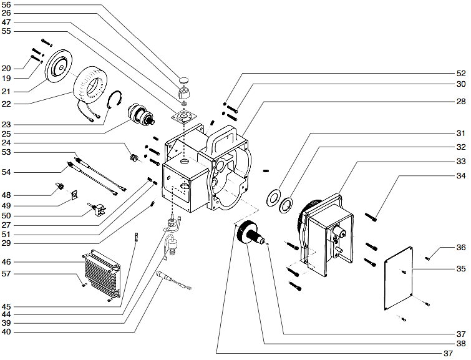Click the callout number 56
[7, 6]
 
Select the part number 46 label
[7, 261]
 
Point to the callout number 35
[460, 270]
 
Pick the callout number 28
[460, 101]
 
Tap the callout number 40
[7, 331]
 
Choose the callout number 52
[460, 72]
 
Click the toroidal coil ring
[92, 84]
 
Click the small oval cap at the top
[185, 80]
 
